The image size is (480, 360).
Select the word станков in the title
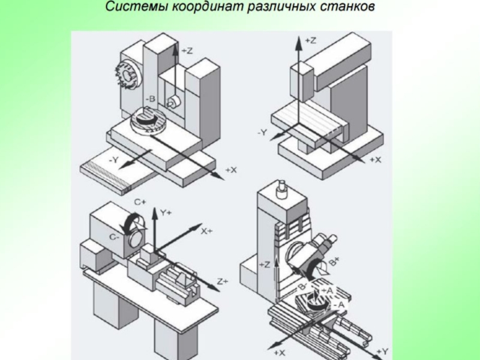point(347,8)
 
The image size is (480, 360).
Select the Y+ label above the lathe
point(166,212)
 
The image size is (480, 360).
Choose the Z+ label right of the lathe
point(223,281)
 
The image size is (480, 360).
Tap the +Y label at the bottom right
point(382,350)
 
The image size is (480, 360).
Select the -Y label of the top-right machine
point(263,131)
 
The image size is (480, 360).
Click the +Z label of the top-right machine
point(310,40)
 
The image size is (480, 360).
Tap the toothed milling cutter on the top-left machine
point(128,77)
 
